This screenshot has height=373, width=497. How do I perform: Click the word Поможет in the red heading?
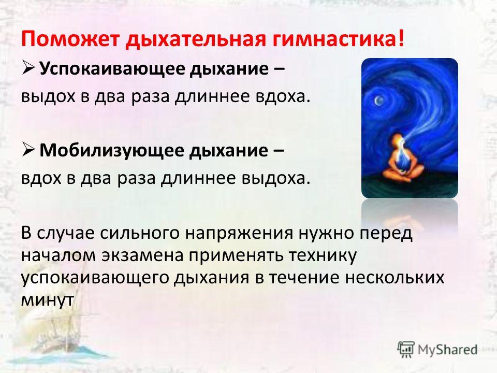pos(70,39)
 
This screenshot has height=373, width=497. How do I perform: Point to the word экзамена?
pos(143,255)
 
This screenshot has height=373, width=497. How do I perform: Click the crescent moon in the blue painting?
pos(378,101)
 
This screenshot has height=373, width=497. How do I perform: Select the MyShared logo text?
pos(447,350)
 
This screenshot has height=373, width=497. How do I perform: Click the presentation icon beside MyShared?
pos(406,350)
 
